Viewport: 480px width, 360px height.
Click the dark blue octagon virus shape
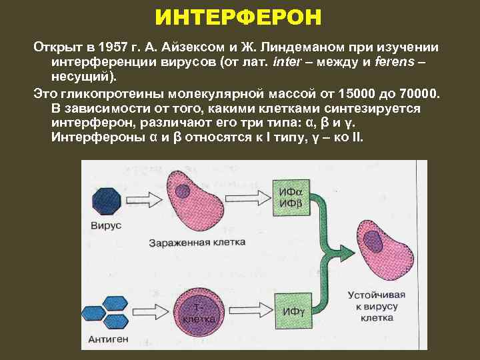106,199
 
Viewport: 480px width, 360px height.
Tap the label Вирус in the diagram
107,226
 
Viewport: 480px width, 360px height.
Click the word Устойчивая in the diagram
372,294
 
